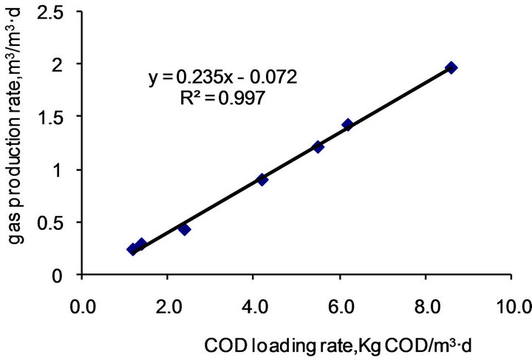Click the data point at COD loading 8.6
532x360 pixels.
tap(451, 67)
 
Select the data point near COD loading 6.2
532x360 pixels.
tap(347, 124)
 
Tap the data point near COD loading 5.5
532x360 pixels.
tap(318, 146)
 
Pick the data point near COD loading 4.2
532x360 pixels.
tap(262, 179)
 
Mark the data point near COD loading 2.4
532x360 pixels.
tap(185, 229)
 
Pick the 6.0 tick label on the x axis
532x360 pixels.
tap(340, 305)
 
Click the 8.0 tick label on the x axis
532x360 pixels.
tap(426, 305)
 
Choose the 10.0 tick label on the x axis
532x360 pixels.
tap(510, 305)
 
